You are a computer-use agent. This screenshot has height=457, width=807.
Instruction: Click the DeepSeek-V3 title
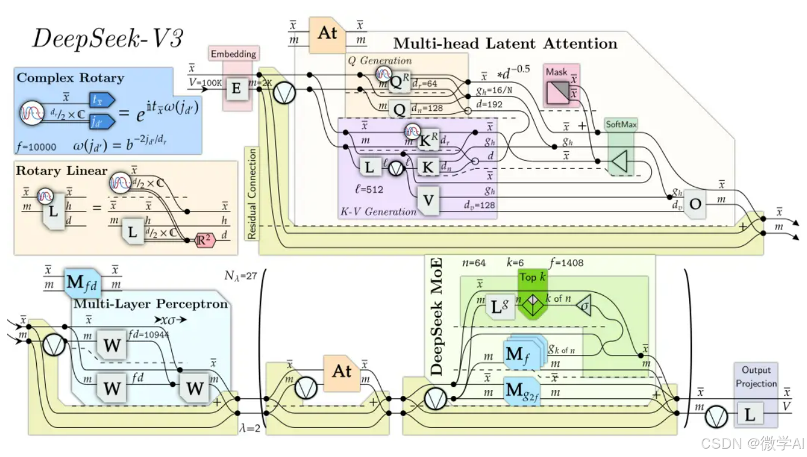107,39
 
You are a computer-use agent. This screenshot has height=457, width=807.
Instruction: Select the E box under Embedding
236,89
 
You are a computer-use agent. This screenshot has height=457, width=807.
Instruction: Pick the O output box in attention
695,203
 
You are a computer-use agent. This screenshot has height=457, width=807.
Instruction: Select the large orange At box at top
327,33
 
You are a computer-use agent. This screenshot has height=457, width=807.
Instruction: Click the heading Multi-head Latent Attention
505,43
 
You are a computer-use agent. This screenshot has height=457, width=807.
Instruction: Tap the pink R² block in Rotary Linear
203,241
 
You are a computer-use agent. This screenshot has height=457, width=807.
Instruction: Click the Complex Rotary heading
70,78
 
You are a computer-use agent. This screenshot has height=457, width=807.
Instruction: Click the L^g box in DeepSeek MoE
500,306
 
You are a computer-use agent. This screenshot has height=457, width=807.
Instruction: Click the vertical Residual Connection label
252,193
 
